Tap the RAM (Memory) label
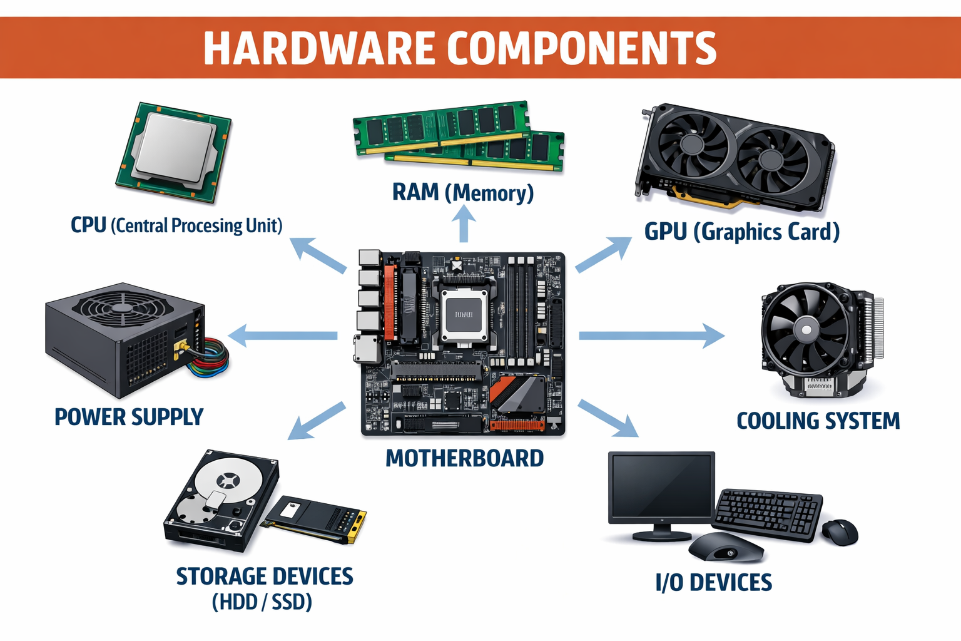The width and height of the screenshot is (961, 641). (463, 192)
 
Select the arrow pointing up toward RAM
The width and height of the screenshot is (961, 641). (464, 224)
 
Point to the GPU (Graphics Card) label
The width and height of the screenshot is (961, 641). (742, 232)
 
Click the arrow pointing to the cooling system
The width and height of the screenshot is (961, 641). (651, 336)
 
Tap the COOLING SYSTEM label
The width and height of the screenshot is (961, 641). (818, 421)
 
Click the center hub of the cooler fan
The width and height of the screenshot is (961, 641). (806, 329)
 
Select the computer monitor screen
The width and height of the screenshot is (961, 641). (661, 486)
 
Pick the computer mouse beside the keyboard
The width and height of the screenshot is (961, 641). (840, 532)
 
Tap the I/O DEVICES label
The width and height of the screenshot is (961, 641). (713, 582)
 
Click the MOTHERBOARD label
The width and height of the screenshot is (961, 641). (464, 458)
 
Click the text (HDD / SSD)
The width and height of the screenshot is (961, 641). (262, 602)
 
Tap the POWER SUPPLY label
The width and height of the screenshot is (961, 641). (129, 417)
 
